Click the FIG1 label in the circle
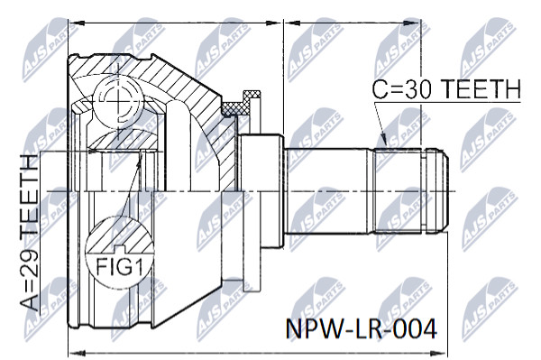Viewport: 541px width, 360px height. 119,266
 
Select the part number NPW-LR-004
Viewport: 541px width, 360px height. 362,329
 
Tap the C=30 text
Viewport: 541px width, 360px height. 402,88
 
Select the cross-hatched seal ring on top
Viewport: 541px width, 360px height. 242,104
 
